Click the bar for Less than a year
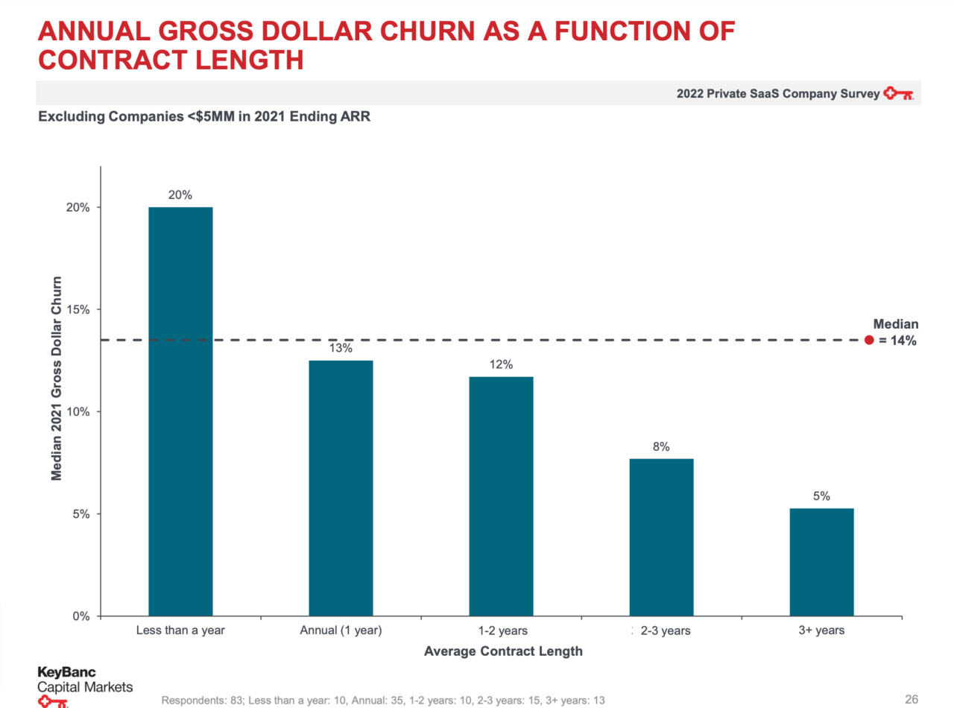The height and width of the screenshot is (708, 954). [180, 411]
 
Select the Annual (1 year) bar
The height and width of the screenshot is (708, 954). [341, 488]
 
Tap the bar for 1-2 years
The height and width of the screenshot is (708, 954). [501, 496]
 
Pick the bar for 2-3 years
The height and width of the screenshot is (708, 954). [661, 537]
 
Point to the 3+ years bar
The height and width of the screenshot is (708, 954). [821, 562]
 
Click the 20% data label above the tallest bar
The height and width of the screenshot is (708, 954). [180, 195]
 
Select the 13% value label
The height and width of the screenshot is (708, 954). [341, 349]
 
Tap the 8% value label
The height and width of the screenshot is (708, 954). [661, 447]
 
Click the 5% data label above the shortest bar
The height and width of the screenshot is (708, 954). [821, 496]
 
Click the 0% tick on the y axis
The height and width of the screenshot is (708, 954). [80, 616]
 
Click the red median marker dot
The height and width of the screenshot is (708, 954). [868, 341]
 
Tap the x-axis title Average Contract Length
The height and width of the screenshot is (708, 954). [503, 651]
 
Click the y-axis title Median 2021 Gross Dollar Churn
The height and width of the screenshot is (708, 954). [57, 379]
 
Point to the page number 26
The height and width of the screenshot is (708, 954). [911, 699]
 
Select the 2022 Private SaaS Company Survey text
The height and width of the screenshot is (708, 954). [777, 95]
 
